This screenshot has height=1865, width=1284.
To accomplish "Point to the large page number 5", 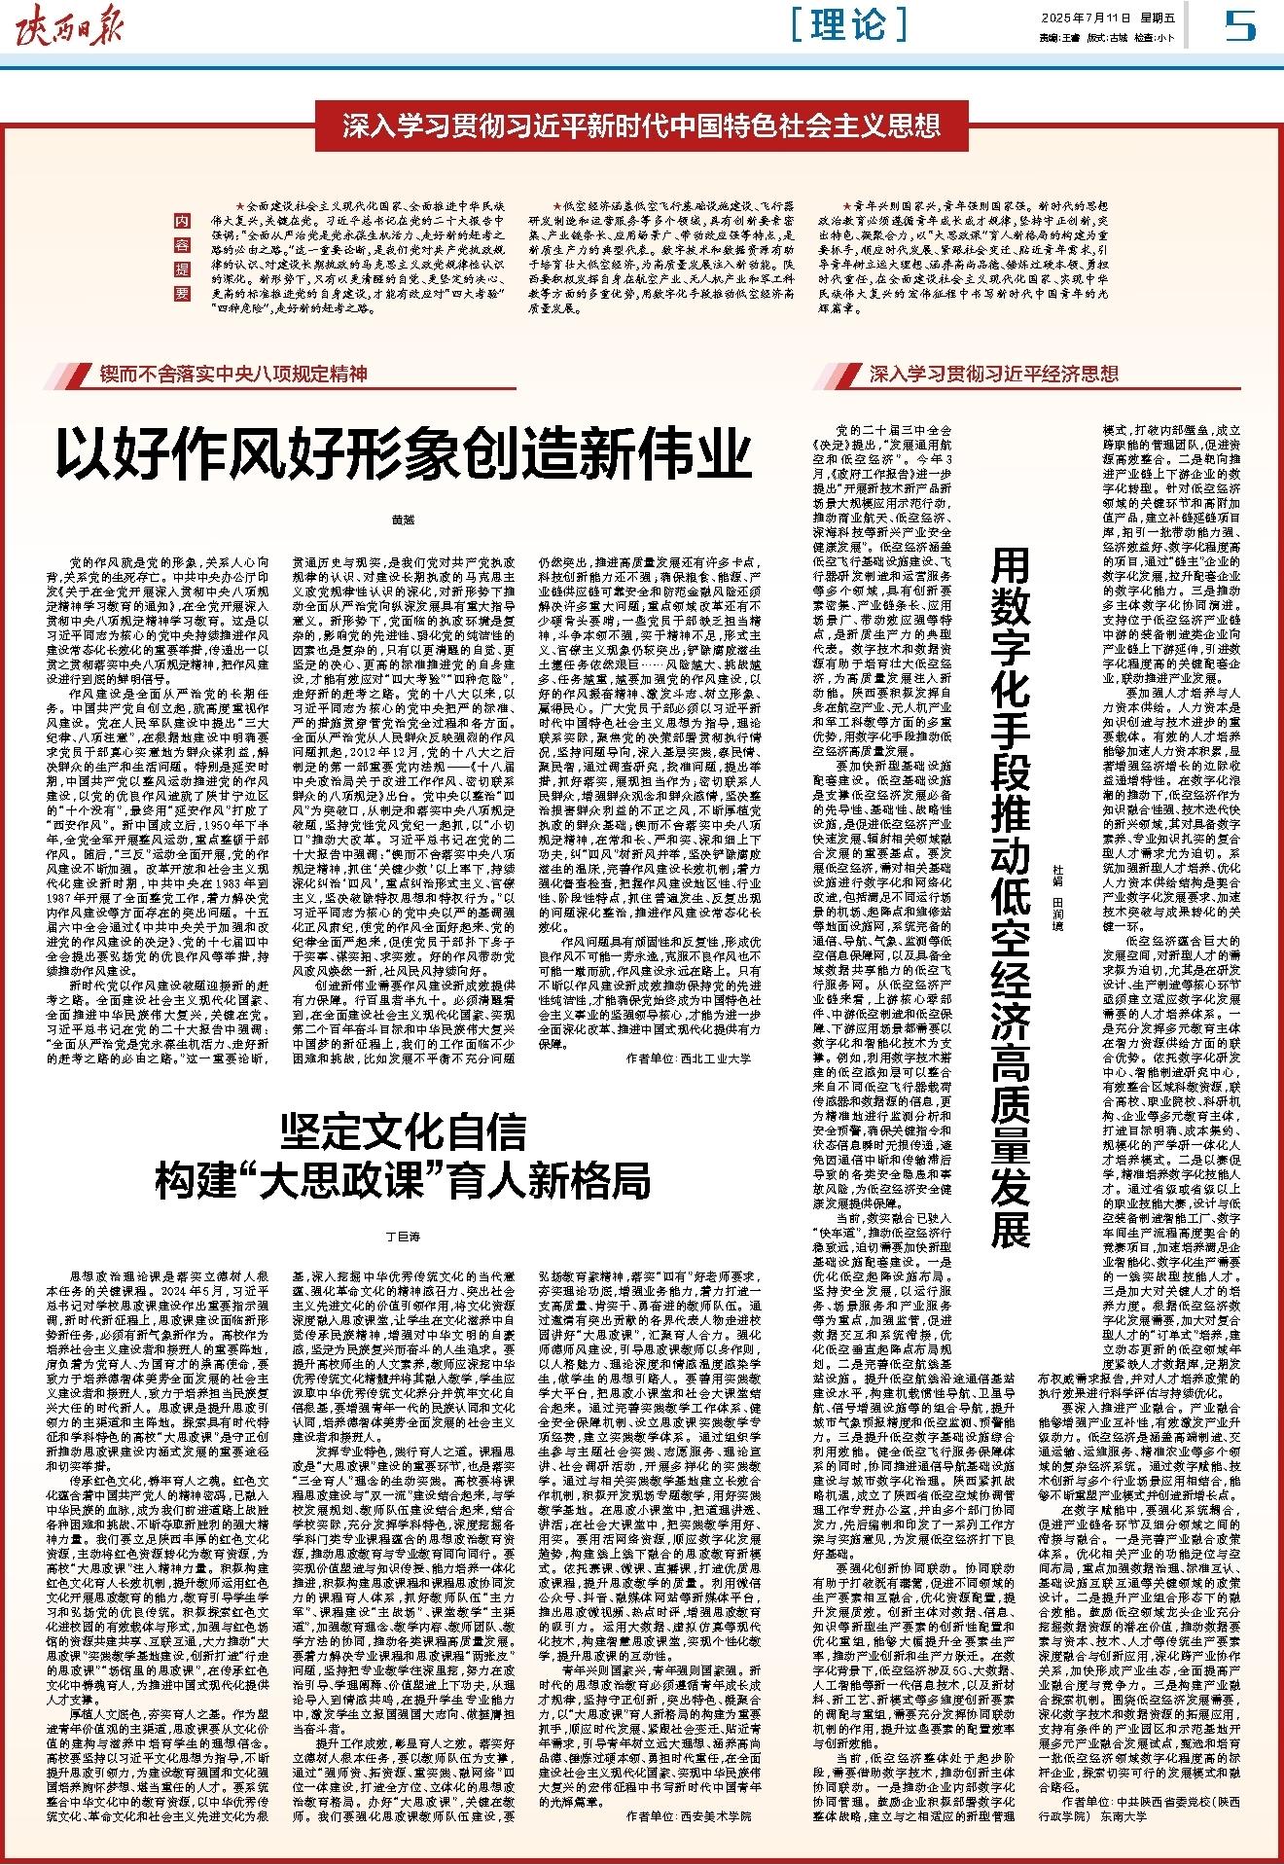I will pos(1240,26).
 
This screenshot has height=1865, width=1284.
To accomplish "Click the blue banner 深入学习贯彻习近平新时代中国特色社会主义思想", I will pos(641,125).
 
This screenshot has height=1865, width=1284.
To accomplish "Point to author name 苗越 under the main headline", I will pos(403,520).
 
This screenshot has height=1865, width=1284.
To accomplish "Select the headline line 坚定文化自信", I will pos(403,1133).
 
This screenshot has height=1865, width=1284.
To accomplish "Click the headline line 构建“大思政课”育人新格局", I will pos(403,1179).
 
